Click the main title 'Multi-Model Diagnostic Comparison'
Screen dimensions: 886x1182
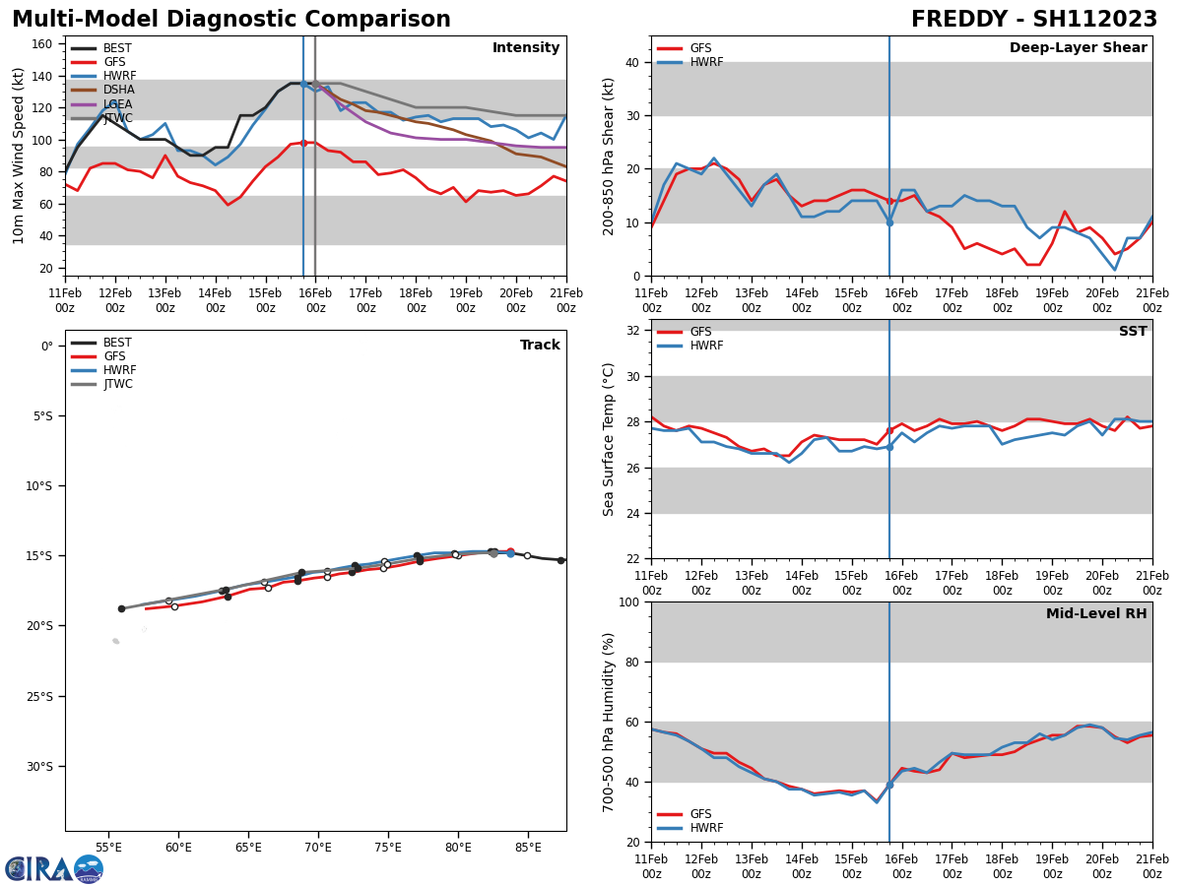click(230, 20)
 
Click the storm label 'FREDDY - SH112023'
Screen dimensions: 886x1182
click(1033, 20)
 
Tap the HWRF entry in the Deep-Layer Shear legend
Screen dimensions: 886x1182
click(704, 62)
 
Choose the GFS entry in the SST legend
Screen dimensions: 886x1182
click(700, 332)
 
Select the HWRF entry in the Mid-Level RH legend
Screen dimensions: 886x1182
click(704, 828)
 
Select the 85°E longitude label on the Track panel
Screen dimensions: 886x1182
click(528, 847)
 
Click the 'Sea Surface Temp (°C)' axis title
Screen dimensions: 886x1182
click(609, 439)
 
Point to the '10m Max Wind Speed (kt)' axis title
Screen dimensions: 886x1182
click(19, 156)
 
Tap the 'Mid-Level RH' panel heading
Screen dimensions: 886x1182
click(1095, 614)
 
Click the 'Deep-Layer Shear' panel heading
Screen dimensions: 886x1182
click(1078, 48)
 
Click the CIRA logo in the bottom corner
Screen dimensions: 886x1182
click(53, 868)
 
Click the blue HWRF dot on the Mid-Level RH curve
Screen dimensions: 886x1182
click(889, 785)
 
